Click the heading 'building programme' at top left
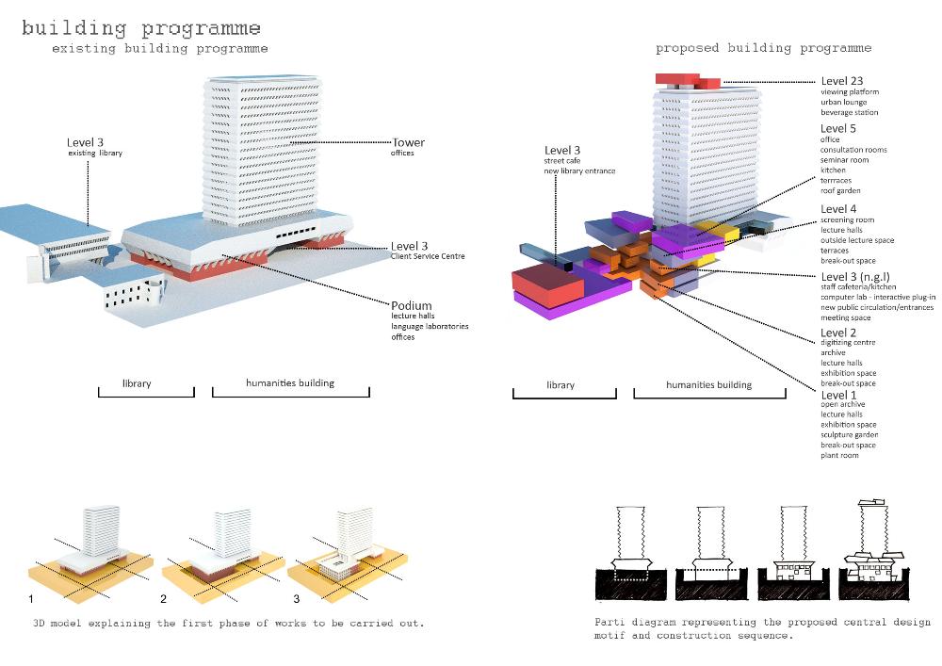(x=141, y=28)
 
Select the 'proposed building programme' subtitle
(x=763, y=48)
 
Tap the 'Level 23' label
(x=841, y=81)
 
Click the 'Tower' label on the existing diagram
(x=409, y=143)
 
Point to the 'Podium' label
(x=411, y=304)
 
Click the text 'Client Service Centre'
(x=430, y=256)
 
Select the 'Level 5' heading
(x=838, y=129)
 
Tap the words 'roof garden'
(x=841, y=191)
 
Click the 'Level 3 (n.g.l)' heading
(x=857, y=276)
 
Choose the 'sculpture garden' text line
(x=850, y=435)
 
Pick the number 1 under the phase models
(x=32, y=599)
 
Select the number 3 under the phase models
(x=296, y=599)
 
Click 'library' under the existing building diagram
(x=137, y=384)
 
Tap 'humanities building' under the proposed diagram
(x=709, y=384)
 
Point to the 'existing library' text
(x=94, y=153)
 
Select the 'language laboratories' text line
(x=430, y=327)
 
